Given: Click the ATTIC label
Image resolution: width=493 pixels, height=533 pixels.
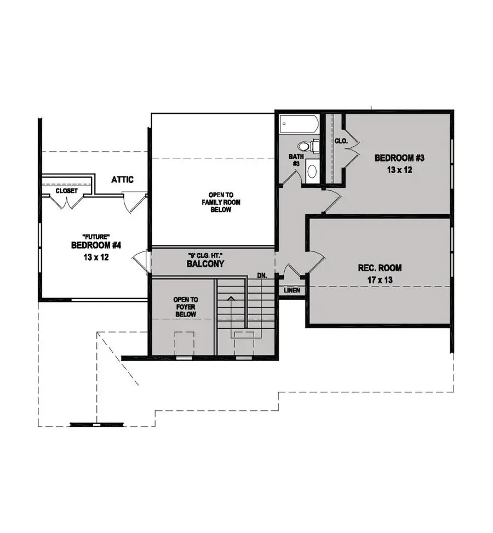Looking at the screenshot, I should (122, 179).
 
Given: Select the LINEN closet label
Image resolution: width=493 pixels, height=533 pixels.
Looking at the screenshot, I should (292, 290).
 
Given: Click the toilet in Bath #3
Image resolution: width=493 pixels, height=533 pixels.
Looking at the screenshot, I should (306, 147).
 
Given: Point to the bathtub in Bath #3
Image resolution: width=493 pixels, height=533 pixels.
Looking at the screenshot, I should (299, 123).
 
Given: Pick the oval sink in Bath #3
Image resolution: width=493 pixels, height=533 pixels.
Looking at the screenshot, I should (312, 171).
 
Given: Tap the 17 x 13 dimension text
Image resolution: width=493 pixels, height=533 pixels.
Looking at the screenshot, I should (380, 279).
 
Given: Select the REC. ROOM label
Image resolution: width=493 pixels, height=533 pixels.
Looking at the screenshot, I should (380, 268).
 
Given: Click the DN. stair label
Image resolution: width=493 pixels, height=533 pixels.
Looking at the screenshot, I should (262, 276).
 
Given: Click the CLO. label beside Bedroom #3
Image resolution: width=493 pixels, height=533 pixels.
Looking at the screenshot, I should (341, 141).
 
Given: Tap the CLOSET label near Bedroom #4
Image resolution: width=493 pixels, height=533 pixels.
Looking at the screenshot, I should (66, 191).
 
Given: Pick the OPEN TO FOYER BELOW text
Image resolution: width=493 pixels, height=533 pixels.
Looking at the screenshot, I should (186, 308).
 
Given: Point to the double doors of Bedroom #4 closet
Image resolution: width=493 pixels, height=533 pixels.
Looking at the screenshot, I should (67, 202).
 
